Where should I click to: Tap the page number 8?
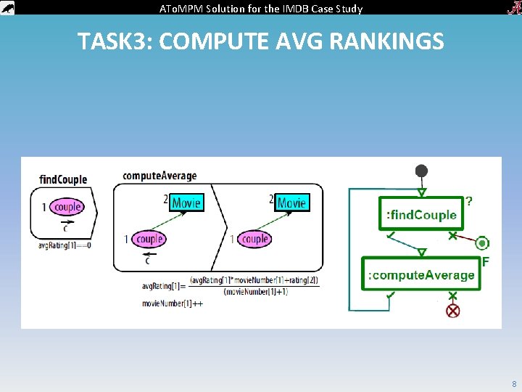pos(513,383)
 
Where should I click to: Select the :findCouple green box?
pos(421,214)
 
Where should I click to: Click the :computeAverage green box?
pos(421,274)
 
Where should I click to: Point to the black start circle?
pos(421,171)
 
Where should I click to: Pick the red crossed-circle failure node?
pos(453,311)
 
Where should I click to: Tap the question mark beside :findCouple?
pos(470,201)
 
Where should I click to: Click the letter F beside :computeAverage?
pos(485,261)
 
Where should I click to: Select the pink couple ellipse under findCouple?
pos(67,207)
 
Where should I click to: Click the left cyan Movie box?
pos(186,203)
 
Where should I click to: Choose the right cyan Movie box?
pos(291,203)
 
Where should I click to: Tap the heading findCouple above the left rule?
pos(63,179)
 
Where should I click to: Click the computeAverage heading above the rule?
pos(159,176)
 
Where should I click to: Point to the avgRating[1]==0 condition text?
pos(65,245)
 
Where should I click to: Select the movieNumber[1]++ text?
pos(173,303)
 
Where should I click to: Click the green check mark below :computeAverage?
pos(391,295)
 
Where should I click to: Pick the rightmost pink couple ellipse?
pos(254,239)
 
